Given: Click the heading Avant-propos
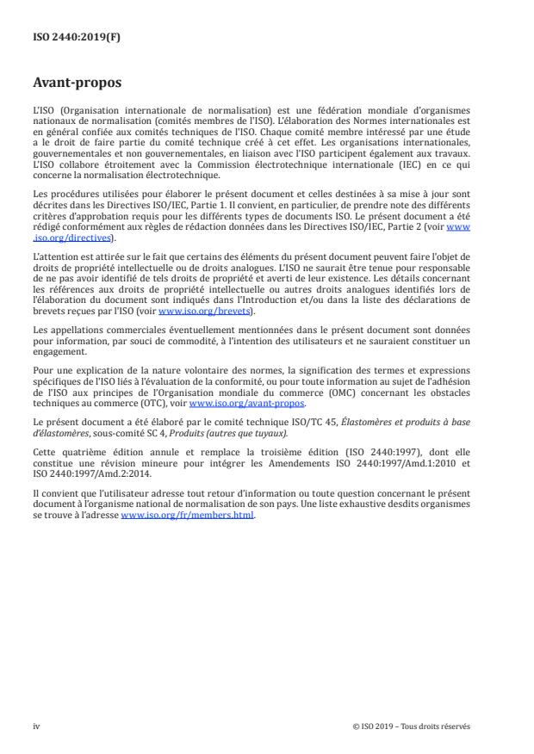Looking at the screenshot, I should click(x=77, y=84).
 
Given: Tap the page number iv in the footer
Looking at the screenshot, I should click(x=36, y=726).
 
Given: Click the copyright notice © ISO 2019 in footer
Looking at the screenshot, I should click(x=413, y=726).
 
